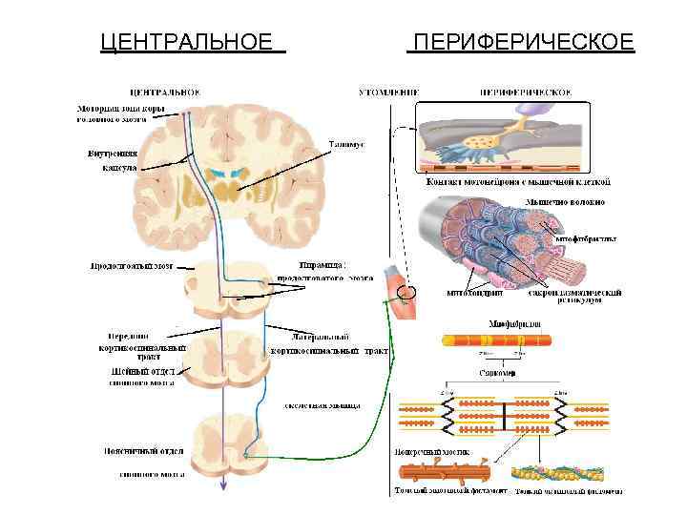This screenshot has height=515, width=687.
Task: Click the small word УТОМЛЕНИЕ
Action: click(x=388, y=93)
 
